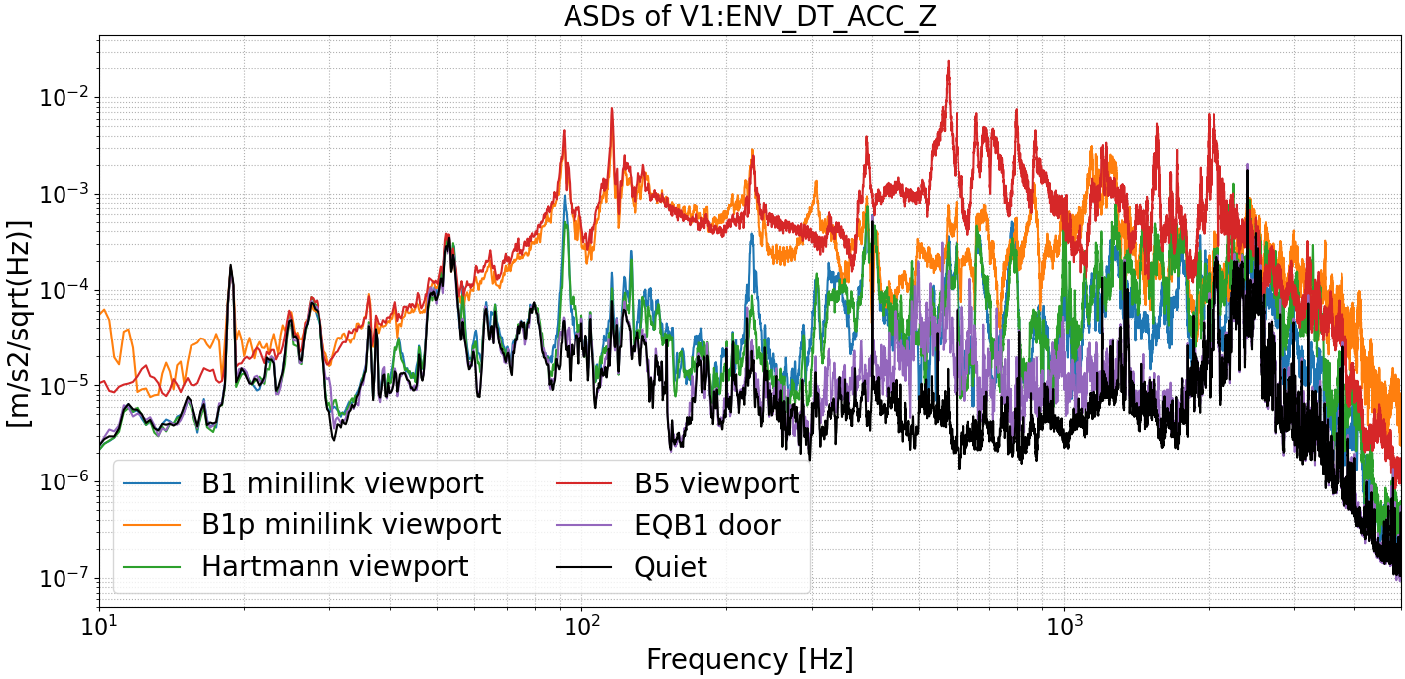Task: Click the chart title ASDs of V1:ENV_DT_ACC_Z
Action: pos(749,17)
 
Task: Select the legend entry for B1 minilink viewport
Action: pos(342,483)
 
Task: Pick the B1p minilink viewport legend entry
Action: pos(351,524)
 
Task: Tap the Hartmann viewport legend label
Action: pos(334,566)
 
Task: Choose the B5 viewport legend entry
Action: pos(716,483)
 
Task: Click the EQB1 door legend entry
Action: pos(707,524)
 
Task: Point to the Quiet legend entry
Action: pos(671,566)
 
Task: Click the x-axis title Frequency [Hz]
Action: pos(749,659)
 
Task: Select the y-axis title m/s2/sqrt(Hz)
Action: pos(20,323)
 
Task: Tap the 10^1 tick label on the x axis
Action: pos(99,628)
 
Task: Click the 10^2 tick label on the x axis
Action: pos(581,628)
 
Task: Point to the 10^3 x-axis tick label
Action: pos(1064,628)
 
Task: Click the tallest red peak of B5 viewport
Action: pos(948,62)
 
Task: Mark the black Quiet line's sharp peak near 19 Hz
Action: pos(231,266)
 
